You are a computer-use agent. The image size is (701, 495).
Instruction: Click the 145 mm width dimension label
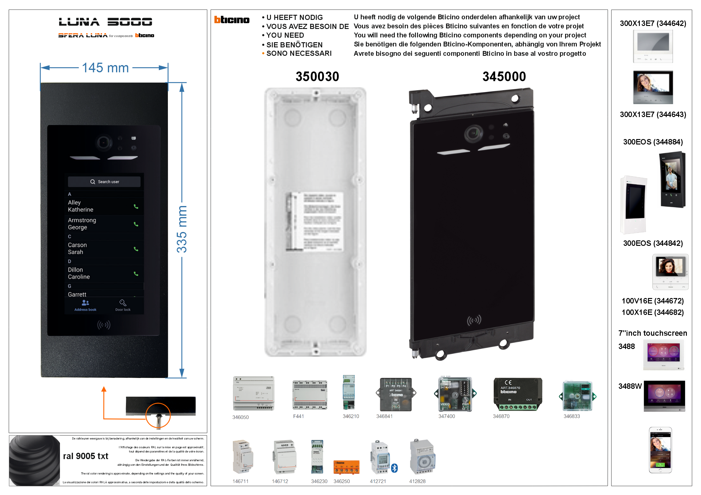[x=105, y=68]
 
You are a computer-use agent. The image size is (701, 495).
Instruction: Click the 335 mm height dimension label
[x=182, y=229]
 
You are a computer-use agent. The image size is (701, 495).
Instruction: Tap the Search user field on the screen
[x=104, y=182]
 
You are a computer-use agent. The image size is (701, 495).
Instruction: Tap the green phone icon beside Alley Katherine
[x=136, y=207]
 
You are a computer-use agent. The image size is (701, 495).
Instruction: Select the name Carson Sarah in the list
[x=77, y=249]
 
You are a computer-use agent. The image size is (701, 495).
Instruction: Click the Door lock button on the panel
[x=123, y=305]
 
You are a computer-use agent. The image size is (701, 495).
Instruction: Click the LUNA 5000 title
[x=106, y=22]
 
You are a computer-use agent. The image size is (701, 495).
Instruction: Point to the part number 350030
[x=317, y=76]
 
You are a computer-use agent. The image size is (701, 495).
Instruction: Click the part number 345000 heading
[x=504, y=76]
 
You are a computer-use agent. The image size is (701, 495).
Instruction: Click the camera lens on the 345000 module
[x=473, y=133]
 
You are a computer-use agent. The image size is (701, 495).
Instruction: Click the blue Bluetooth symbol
[x=395, y=468]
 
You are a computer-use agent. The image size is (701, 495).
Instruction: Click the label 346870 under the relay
[x=501, y=416]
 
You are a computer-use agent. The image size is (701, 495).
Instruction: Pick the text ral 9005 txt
[x=86, y=456]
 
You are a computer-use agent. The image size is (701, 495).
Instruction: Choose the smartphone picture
[x=660, y=450]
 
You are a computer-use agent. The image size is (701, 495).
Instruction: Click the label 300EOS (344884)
[x=653, y=142]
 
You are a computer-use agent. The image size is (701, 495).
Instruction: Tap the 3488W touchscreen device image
[x=664, y=396]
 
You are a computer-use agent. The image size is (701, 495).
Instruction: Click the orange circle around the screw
[x=158, y=416]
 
